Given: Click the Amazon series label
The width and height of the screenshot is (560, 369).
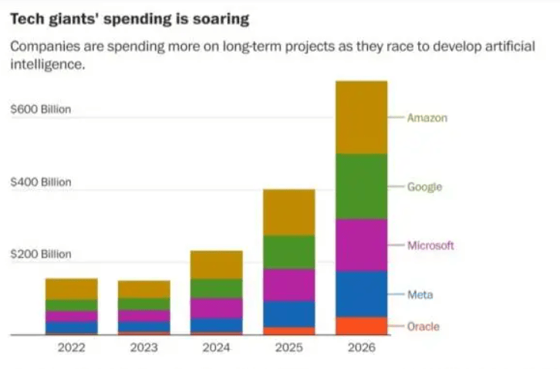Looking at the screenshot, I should point(427,118).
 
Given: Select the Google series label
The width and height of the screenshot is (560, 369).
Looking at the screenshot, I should point(424,187).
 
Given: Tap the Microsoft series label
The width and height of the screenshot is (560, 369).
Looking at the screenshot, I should point(430,245).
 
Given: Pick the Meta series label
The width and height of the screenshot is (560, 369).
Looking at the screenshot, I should point(420,295).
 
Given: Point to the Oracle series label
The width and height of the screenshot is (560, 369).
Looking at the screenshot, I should point(423,327).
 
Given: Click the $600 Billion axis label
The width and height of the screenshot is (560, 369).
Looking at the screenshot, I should point(40,110).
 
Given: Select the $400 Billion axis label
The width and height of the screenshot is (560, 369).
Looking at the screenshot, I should point(40,182).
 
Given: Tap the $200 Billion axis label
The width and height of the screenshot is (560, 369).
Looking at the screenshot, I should point(40,254).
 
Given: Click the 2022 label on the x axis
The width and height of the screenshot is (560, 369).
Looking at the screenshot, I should point(71,348).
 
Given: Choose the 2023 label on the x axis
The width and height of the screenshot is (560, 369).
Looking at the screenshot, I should point(143,348).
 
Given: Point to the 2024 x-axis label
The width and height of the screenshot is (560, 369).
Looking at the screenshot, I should point(216,348).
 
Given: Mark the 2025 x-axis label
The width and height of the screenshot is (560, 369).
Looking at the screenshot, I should point(288,348).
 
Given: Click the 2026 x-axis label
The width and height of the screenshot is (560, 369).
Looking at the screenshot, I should point(361,348).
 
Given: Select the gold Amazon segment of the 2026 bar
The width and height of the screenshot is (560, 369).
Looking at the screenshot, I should point(361,117).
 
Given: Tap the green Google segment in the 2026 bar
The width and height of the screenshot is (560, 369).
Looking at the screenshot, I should point(361,186).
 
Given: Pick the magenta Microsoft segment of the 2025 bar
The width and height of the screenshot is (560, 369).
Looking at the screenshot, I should point(288,284).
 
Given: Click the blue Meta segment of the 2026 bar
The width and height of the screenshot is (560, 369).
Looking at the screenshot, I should point(361,294).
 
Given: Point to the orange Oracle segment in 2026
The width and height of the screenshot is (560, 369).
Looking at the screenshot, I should point(361,326).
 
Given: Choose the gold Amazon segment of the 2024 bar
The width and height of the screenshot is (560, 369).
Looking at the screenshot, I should point(216,264).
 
